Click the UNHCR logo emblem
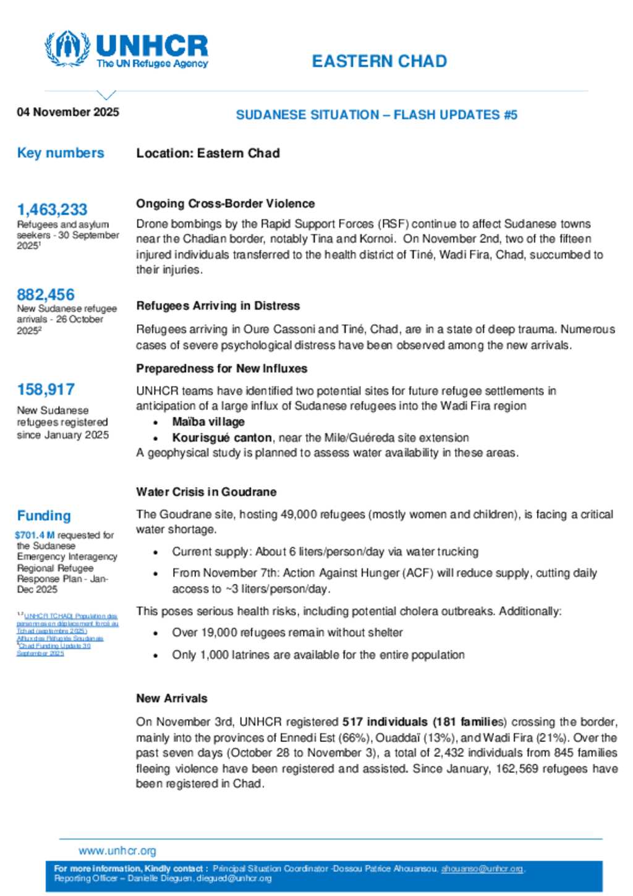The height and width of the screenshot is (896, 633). [67, 48]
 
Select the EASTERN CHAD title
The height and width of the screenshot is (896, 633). [379, 61]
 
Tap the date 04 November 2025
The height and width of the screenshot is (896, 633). [68, 112]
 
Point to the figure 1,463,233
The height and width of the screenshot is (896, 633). [52, 210]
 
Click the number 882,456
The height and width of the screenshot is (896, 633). [46, 294]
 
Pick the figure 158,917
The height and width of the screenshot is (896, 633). [46, 390]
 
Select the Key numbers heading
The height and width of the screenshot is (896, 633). [61, 153]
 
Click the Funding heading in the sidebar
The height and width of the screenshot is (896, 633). [44, 516]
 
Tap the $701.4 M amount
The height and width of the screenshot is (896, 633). [35, 535]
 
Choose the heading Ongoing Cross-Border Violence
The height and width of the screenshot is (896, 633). [225, 203]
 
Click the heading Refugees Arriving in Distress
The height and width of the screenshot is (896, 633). [218, 305]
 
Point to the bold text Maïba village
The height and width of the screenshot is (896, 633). [208, 422]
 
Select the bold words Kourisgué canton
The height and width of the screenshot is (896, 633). [222, 438]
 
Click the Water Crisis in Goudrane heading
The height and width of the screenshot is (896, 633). [206, 492]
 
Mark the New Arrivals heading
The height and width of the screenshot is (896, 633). [172, 698]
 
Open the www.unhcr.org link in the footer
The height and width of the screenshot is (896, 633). [117, 851]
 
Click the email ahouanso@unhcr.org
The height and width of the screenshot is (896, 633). [482, 869]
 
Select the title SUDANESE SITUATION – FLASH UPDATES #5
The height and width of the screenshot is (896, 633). [376, 115]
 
